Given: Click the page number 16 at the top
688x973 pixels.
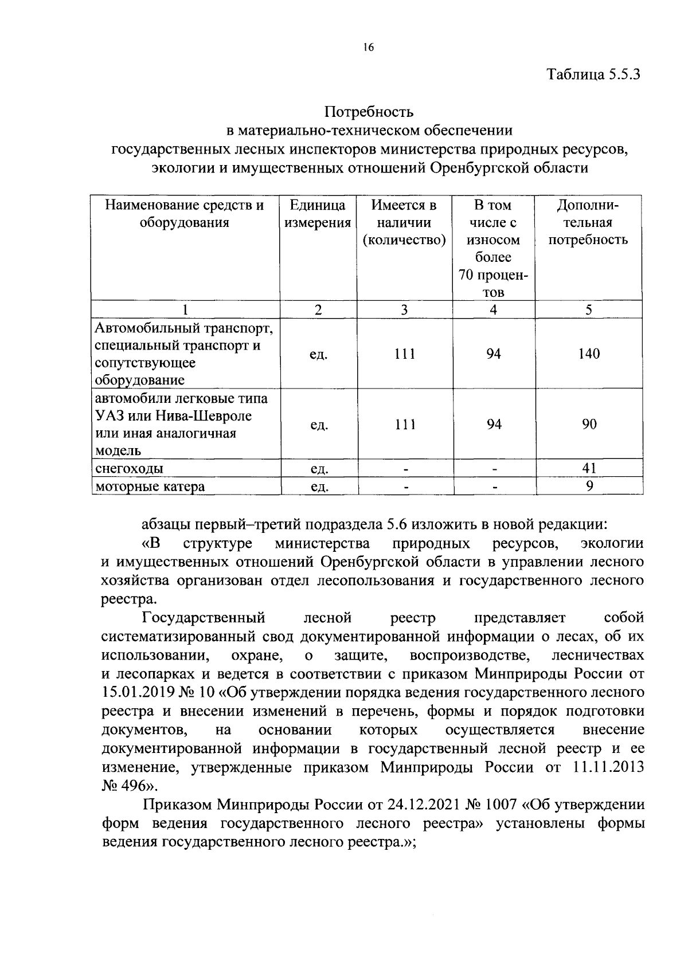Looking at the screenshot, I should coord(368,48).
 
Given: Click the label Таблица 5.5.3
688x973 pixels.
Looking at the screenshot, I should coord(593,74).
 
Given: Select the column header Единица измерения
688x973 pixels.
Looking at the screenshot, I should coord(318,214).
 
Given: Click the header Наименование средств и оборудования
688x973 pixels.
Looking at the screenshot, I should coord(185,214).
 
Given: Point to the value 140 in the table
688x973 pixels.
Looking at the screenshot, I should coord(589,354).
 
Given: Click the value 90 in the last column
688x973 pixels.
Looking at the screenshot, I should coord(589,424).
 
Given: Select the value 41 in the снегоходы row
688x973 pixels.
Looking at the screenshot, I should coord(589,468).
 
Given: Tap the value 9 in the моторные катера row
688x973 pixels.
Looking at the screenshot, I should coord(589,486).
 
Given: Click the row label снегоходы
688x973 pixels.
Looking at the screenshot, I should coord(130,469).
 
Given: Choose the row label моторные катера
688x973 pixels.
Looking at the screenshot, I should coord(150,487).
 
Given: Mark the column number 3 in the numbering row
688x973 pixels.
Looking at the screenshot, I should coord(404,310).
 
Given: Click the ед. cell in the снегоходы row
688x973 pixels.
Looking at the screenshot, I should coord(319,469).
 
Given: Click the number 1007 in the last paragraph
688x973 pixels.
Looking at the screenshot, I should coord(502,805).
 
